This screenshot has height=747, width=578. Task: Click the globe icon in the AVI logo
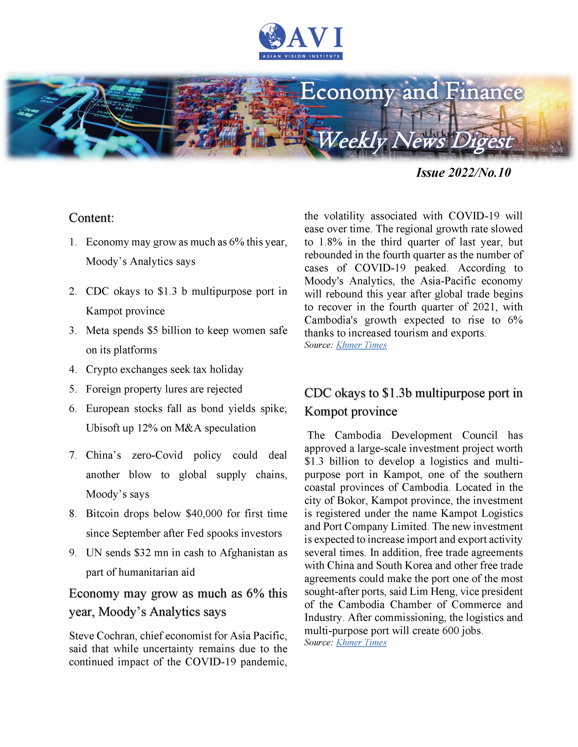pyautogui.click(x=272, y=36)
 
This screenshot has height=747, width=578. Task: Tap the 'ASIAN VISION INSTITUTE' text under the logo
pyautogui.click(x=301, y=56)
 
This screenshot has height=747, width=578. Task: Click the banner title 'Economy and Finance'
pyautogui.click(x=412, y=92)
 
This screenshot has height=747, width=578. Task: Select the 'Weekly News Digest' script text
pyautogui.click(x=415, y=140)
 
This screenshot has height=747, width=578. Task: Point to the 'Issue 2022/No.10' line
pyautogui.click(x=463, y=173)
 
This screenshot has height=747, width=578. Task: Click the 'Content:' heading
pyautogui.click(x=91, y=218)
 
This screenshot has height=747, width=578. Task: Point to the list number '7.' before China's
pyautogui.click(x=73, y=455)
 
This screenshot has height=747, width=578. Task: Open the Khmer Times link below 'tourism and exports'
pyautogui.click(x=361, y=345)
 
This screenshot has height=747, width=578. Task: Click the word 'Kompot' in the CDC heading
pyautogui.click(x=326, y=411)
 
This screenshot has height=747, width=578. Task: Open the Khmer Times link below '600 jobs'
pyautogui.click(x=361, y=642)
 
